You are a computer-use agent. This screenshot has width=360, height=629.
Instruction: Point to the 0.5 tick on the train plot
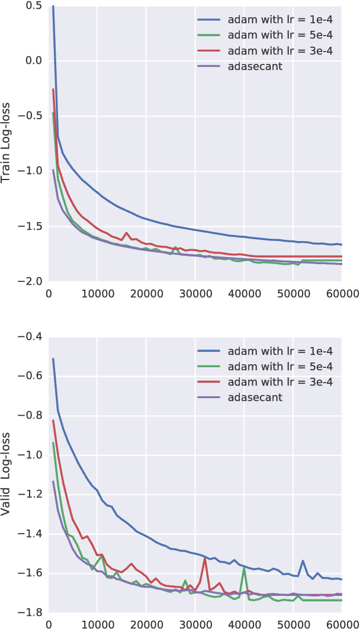coord(34,5)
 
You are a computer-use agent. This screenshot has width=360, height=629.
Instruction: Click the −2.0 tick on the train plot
coord(30,281)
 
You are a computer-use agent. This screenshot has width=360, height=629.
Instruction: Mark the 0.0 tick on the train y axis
coord(34,60)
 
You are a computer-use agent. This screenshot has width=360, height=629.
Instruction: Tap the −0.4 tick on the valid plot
coord(30,336)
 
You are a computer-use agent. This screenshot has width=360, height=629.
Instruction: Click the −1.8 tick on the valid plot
coord(30,612)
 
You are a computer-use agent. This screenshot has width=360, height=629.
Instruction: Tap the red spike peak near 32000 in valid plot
coord(205,558)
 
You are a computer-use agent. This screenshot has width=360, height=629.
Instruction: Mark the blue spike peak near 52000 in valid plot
coord(303,560)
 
